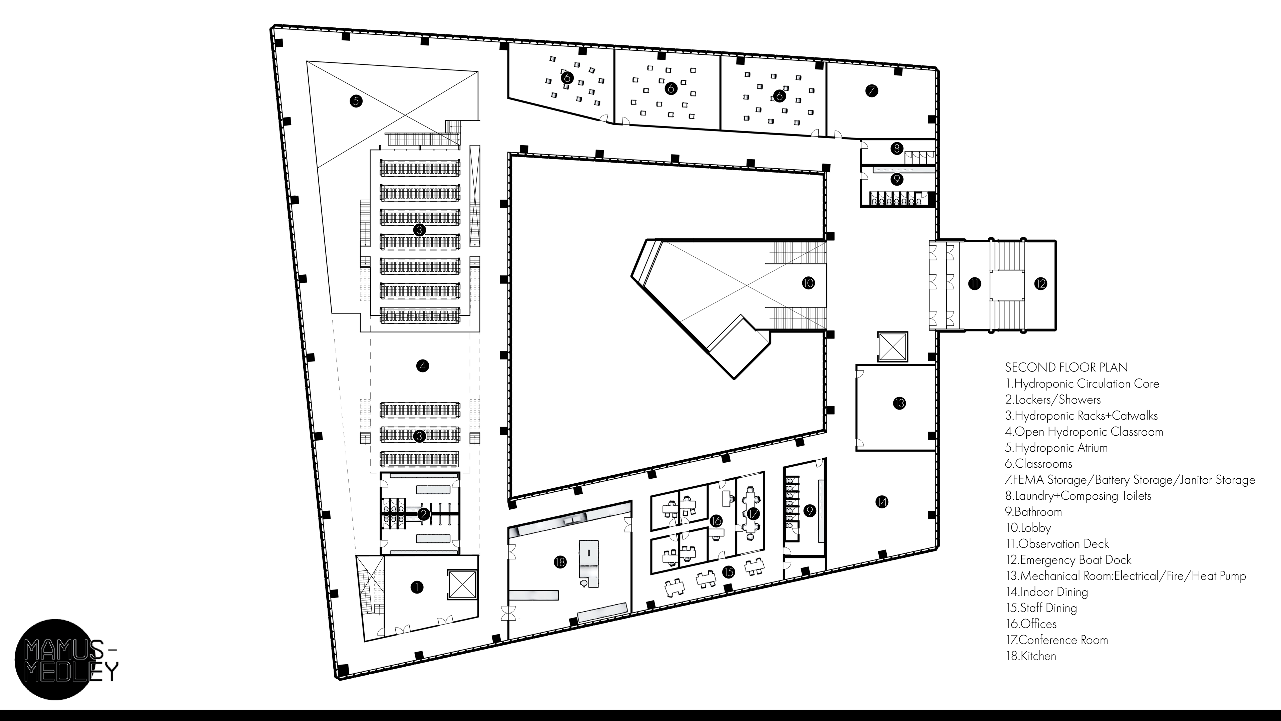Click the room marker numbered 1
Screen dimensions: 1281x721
[x=417, y=587]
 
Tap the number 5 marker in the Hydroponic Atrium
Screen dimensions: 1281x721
[x=356, y=101]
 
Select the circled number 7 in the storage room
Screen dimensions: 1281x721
[x=871, y=91]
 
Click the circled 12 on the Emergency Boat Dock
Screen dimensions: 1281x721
[x=1040, y=284]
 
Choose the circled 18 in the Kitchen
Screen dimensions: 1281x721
[x=560, y=562]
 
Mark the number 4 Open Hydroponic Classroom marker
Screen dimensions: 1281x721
[x=422, y=366]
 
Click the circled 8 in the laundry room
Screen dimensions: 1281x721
[x=897, y=148]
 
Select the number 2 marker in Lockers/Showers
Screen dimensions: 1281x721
[x=423, y=514]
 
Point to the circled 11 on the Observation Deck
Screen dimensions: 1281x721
[x=975, y=284]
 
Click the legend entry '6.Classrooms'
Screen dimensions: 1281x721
[x=1038, y=464]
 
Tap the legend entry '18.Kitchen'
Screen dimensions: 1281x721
[x=1030, y=656]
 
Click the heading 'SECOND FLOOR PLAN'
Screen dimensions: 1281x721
[x=1066, y=367]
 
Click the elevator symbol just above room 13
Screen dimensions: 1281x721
[x=893, y=347]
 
